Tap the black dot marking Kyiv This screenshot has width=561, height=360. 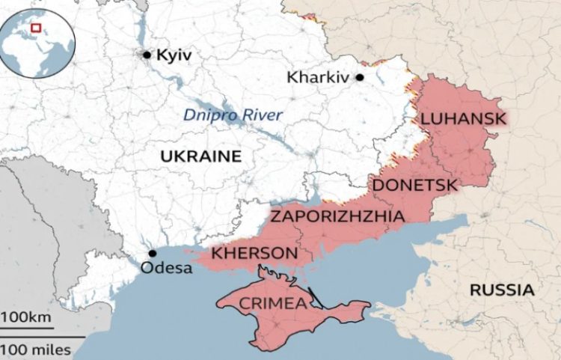[x=147, y=55]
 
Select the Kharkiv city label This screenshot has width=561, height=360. [x=319, y=77]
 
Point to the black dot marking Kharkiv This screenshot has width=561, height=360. [x=360, y=77]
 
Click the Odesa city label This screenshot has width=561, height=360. [x=167, y=268]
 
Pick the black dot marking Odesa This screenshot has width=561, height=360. [x=153, y=254]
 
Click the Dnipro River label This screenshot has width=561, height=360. [x=233, y=115]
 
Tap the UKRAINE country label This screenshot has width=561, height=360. [x=200, y=156]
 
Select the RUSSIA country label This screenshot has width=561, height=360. [x=502, y=290]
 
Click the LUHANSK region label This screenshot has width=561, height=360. [x=463, y=118]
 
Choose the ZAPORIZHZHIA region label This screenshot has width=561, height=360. [x=337, y=216]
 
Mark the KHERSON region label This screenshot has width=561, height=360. [x=254, y=254]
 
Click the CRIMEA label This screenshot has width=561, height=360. [x=272, y=303]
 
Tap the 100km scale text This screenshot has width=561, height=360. [x=27, y=318]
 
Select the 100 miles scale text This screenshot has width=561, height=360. [x=36, y=349]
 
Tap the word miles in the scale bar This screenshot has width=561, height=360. [x=51, y=349]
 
